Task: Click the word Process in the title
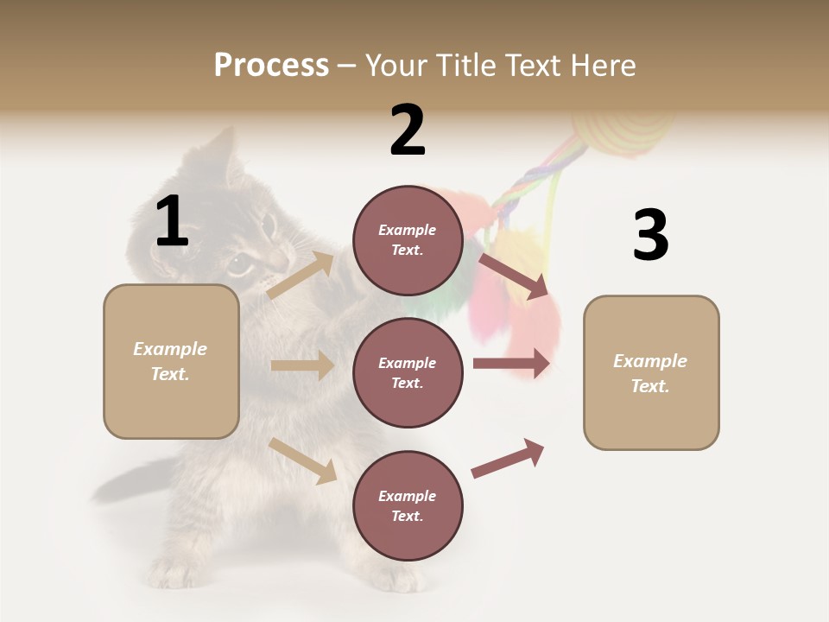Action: tap(271, 66)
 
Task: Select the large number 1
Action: tap(172, 222)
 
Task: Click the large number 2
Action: tap(408, 130)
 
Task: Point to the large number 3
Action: tap(650, 235)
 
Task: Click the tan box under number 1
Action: tap(171, 361)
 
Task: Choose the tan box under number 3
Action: tap(651, 372)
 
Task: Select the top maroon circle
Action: tap(408, 240)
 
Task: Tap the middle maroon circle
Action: tap(408, 372)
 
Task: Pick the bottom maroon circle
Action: tap(408, 505)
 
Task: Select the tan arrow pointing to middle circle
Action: tap(302, 365)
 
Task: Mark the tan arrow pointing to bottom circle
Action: tap(303, 460)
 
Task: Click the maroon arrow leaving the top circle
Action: tap(513, 276)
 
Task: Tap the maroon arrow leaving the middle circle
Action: tap(511, 363)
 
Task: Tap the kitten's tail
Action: tap(130, 480)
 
